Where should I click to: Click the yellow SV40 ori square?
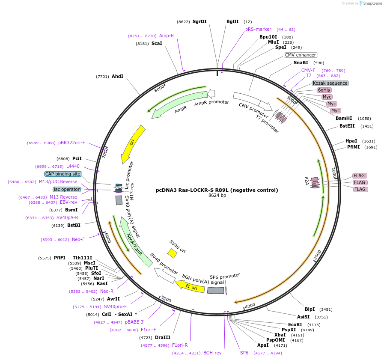point(172,253)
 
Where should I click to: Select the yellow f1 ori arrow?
point(190,286)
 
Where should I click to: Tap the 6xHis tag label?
point(324,90)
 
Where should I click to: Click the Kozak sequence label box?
point(330,83)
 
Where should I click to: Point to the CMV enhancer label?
point(301,55)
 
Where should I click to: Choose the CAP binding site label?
point(63,174)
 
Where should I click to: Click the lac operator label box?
point(67,189)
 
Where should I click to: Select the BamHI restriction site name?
point(344,118)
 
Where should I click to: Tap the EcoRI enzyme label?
point(295,324)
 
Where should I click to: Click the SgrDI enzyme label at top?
point(199,21)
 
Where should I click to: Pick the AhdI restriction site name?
point(118,76)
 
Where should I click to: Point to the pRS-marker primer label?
point(258,29)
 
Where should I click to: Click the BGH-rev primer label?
point(212,353)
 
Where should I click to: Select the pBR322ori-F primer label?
point(71,143)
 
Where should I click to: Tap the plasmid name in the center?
point(217,190)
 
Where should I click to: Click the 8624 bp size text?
point(217,196)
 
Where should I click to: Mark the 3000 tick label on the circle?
point(317,255)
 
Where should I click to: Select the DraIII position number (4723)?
point(146,338)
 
